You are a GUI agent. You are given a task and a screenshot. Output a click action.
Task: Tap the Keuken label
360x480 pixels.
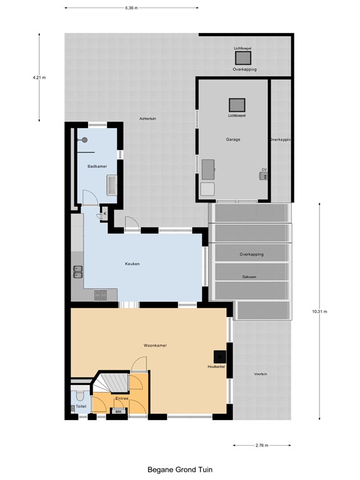(x=132, y=264)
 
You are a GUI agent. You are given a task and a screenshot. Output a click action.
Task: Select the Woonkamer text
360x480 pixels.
(x=155, y=345)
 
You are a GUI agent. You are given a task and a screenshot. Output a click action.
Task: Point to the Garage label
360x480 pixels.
(x=233, y=139)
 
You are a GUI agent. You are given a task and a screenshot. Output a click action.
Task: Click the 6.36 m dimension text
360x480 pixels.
(x=131, y=8)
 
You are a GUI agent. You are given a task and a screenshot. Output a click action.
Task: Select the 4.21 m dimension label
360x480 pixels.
(x=39, y=78)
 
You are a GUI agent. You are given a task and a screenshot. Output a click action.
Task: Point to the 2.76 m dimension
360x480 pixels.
(x=262, y=446)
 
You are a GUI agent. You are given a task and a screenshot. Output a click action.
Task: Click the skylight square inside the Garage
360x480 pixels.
(x=237, y=105)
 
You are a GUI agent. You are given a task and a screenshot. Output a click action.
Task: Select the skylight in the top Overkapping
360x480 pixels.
(x=242, y=57)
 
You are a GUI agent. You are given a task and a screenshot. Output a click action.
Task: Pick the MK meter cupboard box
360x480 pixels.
(x=117, y=411)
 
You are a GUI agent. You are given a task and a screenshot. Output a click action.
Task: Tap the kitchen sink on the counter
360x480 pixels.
(x=78, y=271)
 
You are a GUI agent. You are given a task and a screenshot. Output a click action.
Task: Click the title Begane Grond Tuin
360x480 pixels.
(x=179, y=468)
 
